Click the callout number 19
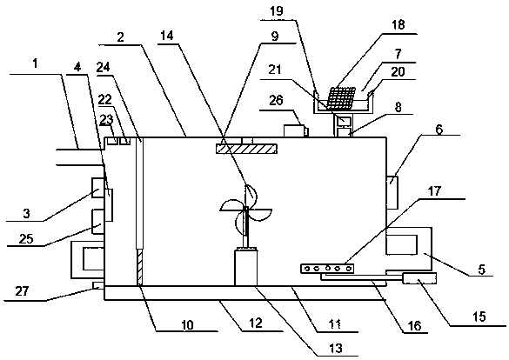(x=276, y=11)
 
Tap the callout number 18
(x=398, y=24)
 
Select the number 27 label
(x=23, y=291)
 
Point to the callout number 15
(x=479, y=317)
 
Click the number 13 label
(x=336, y=348)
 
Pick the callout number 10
(x=187, y=324)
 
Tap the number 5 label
(x=482, y=269)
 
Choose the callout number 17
(x=435, y=191)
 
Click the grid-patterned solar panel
(x=340, y=97)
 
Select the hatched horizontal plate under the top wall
(x=246, y=149)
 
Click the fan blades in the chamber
(x=245, y=210)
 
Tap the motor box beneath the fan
(x=245, y=267)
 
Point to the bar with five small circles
(x=327, y=269)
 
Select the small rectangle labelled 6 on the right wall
(x=392, y=192)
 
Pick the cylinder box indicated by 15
(x=419, y=278)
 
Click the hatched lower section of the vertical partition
(x=139, y=267)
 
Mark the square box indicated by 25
(x=98, y=222)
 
